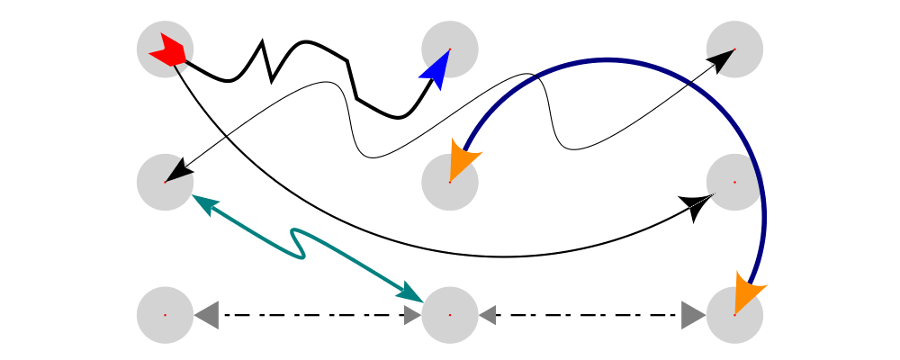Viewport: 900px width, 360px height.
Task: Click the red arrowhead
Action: (x=169, y=49)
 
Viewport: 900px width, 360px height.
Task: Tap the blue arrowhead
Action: (x=436, y=70)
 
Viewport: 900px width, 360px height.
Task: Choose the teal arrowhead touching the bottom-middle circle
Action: (x=410, y=292)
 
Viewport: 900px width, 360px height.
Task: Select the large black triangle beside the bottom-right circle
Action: (x=693, y=315)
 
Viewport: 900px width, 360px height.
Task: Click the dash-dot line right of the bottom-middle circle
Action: (x=589, y=315)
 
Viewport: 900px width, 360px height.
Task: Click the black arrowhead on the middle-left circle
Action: (x=181, y=170)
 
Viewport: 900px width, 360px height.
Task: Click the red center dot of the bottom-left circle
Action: (x=166, y=315)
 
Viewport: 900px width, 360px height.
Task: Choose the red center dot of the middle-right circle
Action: (x=734, y=182)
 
